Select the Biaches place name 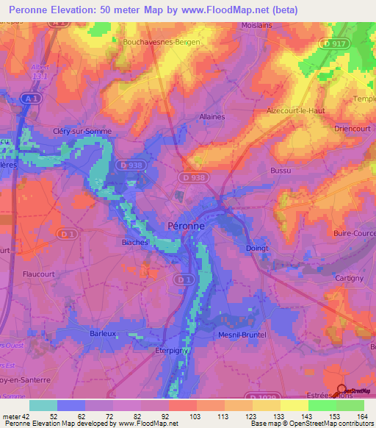[135, 241]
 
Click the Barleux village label [103, 332]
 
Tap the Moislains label [258, 25]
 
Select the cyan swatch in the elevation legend [43, 405]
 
